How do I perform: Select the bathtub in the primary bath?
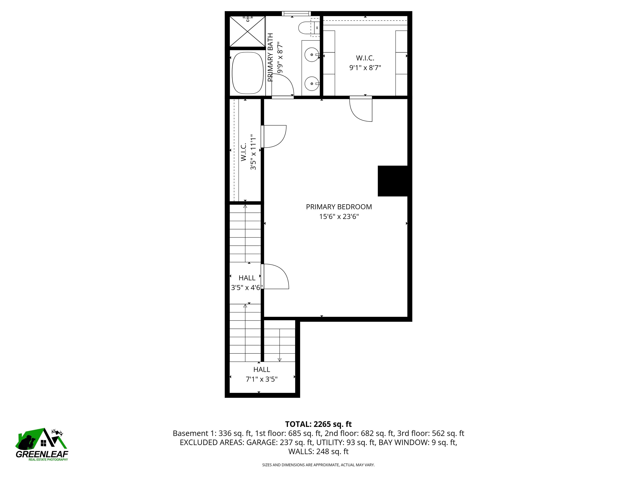pos(248,73)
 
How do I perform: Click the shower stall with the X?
pos(247,31)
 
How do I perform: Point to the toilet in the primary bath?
pos(305,28)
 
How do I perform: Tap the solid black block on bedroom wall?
pos(393,181)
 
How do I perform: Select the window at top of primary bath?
pos(296,13)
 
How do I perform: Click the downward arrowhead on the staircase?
pos(279,360)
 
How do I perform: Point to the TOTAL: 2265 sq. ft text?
pos(318,424)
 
